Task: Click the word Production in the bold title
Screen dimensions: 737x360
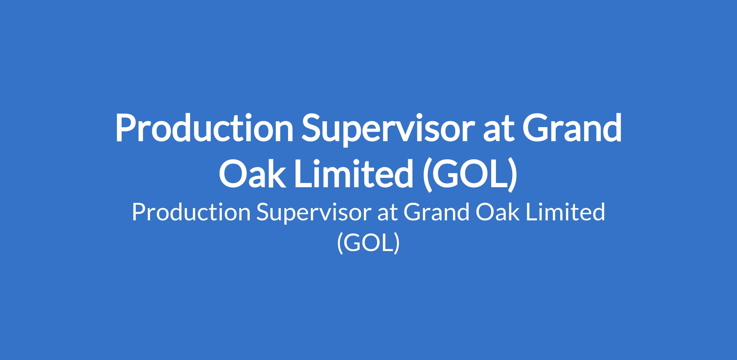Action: [x=204, y=128]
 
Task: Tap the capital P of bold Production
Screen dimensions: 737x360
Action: [x=126, y=128]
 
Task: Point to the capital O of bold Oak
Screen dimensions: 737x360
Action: [x=233, y=173]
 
